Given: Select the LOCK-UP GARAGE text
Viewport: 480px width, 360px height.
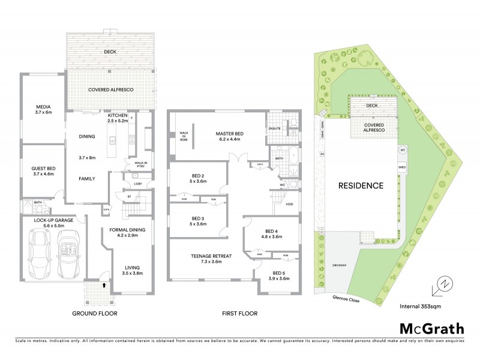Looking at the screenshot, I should (53, 220).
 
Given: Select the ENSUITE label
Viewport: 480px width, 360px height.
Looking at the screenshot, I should (275, 128).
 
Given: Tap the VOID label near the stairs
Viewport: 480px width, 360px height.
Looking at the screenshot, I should (289, 203).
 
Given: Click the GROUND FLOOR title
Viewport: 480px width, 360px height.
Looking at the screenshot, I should (94, 313).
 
